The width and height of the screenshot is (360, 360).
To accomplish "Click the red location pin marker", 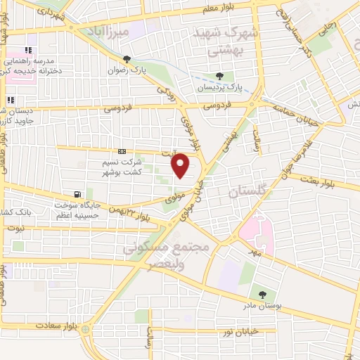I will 181,165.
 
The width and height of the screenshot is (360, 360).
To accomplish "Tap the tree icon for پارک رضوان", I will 127,60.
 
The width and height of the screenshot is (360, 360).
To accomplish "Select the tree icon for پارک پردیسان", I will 219,75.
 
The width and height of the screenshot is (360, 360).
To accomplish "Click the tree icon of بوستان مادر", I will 262,294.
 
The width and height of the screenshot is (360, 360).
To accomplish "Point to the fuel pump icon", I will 77,195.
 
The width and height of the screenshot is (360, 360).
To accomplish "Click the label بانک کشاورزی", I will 19,212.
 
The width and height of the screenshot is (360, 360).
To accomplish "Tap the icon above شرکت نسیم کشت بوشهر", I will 122,150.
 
